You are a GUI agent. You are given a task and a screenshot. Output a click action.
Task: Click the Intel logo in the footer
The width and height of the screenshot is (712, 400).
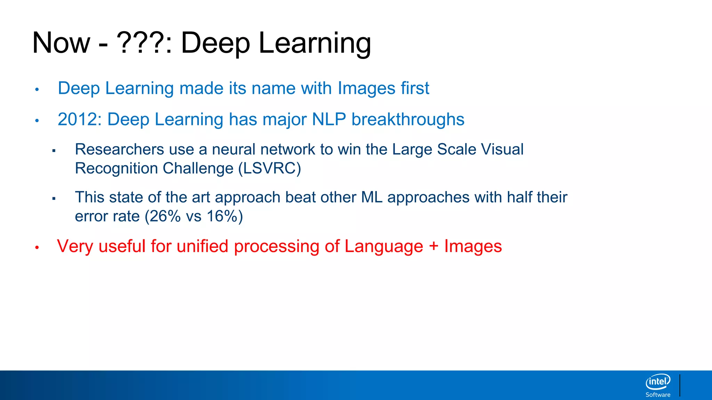[x=658, y=382]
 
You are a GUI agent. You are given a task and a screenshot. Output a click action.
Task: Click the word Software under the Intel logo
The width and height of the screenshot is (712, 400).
[x=658, y=395]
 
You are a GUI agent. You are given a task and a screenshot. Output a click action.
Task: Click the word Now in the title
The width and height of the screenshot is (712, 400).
[x=61, y=43]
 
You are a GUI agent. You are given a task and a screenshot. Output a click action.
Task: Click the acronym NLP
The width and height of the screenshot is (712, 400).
[x=329, y=119]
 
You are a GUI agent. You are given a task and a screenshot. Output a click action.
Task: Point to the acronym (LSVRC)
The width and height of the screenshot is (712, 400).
[x=269, y=168]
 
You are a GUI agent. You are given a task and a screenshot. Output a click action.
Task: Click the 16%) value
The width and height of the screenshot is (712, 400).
[x=225, y=216]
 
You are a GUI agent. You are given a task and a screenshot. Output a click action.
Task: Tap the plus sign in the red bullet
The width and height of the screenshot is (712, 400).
[x=434, y=247]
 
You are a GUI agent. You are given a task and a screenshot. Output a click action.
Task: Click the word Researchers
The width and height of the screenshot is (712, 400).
[x=119, y=149]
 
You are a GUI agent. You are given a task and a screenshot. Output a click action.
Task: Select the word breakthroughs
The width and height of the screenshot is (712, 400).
[x=408, y=119]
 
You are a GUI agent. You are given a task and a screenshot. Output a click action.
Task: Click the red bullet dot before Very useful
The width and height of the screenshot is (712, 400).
[x=37, y=248]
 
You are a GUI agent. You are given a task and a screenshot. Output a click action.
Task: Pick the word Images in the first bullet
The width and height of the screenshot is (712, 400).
[x=366, y=88]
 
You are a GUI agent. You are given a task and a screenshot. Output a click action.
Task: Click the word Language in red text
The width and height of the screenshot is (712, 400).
[x=384, y=247]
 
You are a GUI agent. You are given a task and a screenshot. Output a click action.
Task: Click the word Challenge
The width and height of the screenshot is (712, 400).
[x=198, y=168]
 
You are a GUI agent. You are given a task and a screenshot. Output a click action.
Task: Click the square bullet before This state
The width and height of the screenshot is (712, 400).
[x=54, y=199]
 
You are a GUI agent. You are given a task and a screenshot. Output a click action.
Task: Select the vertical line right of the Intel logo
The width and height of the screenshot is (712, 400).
[x=680, y=385]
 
